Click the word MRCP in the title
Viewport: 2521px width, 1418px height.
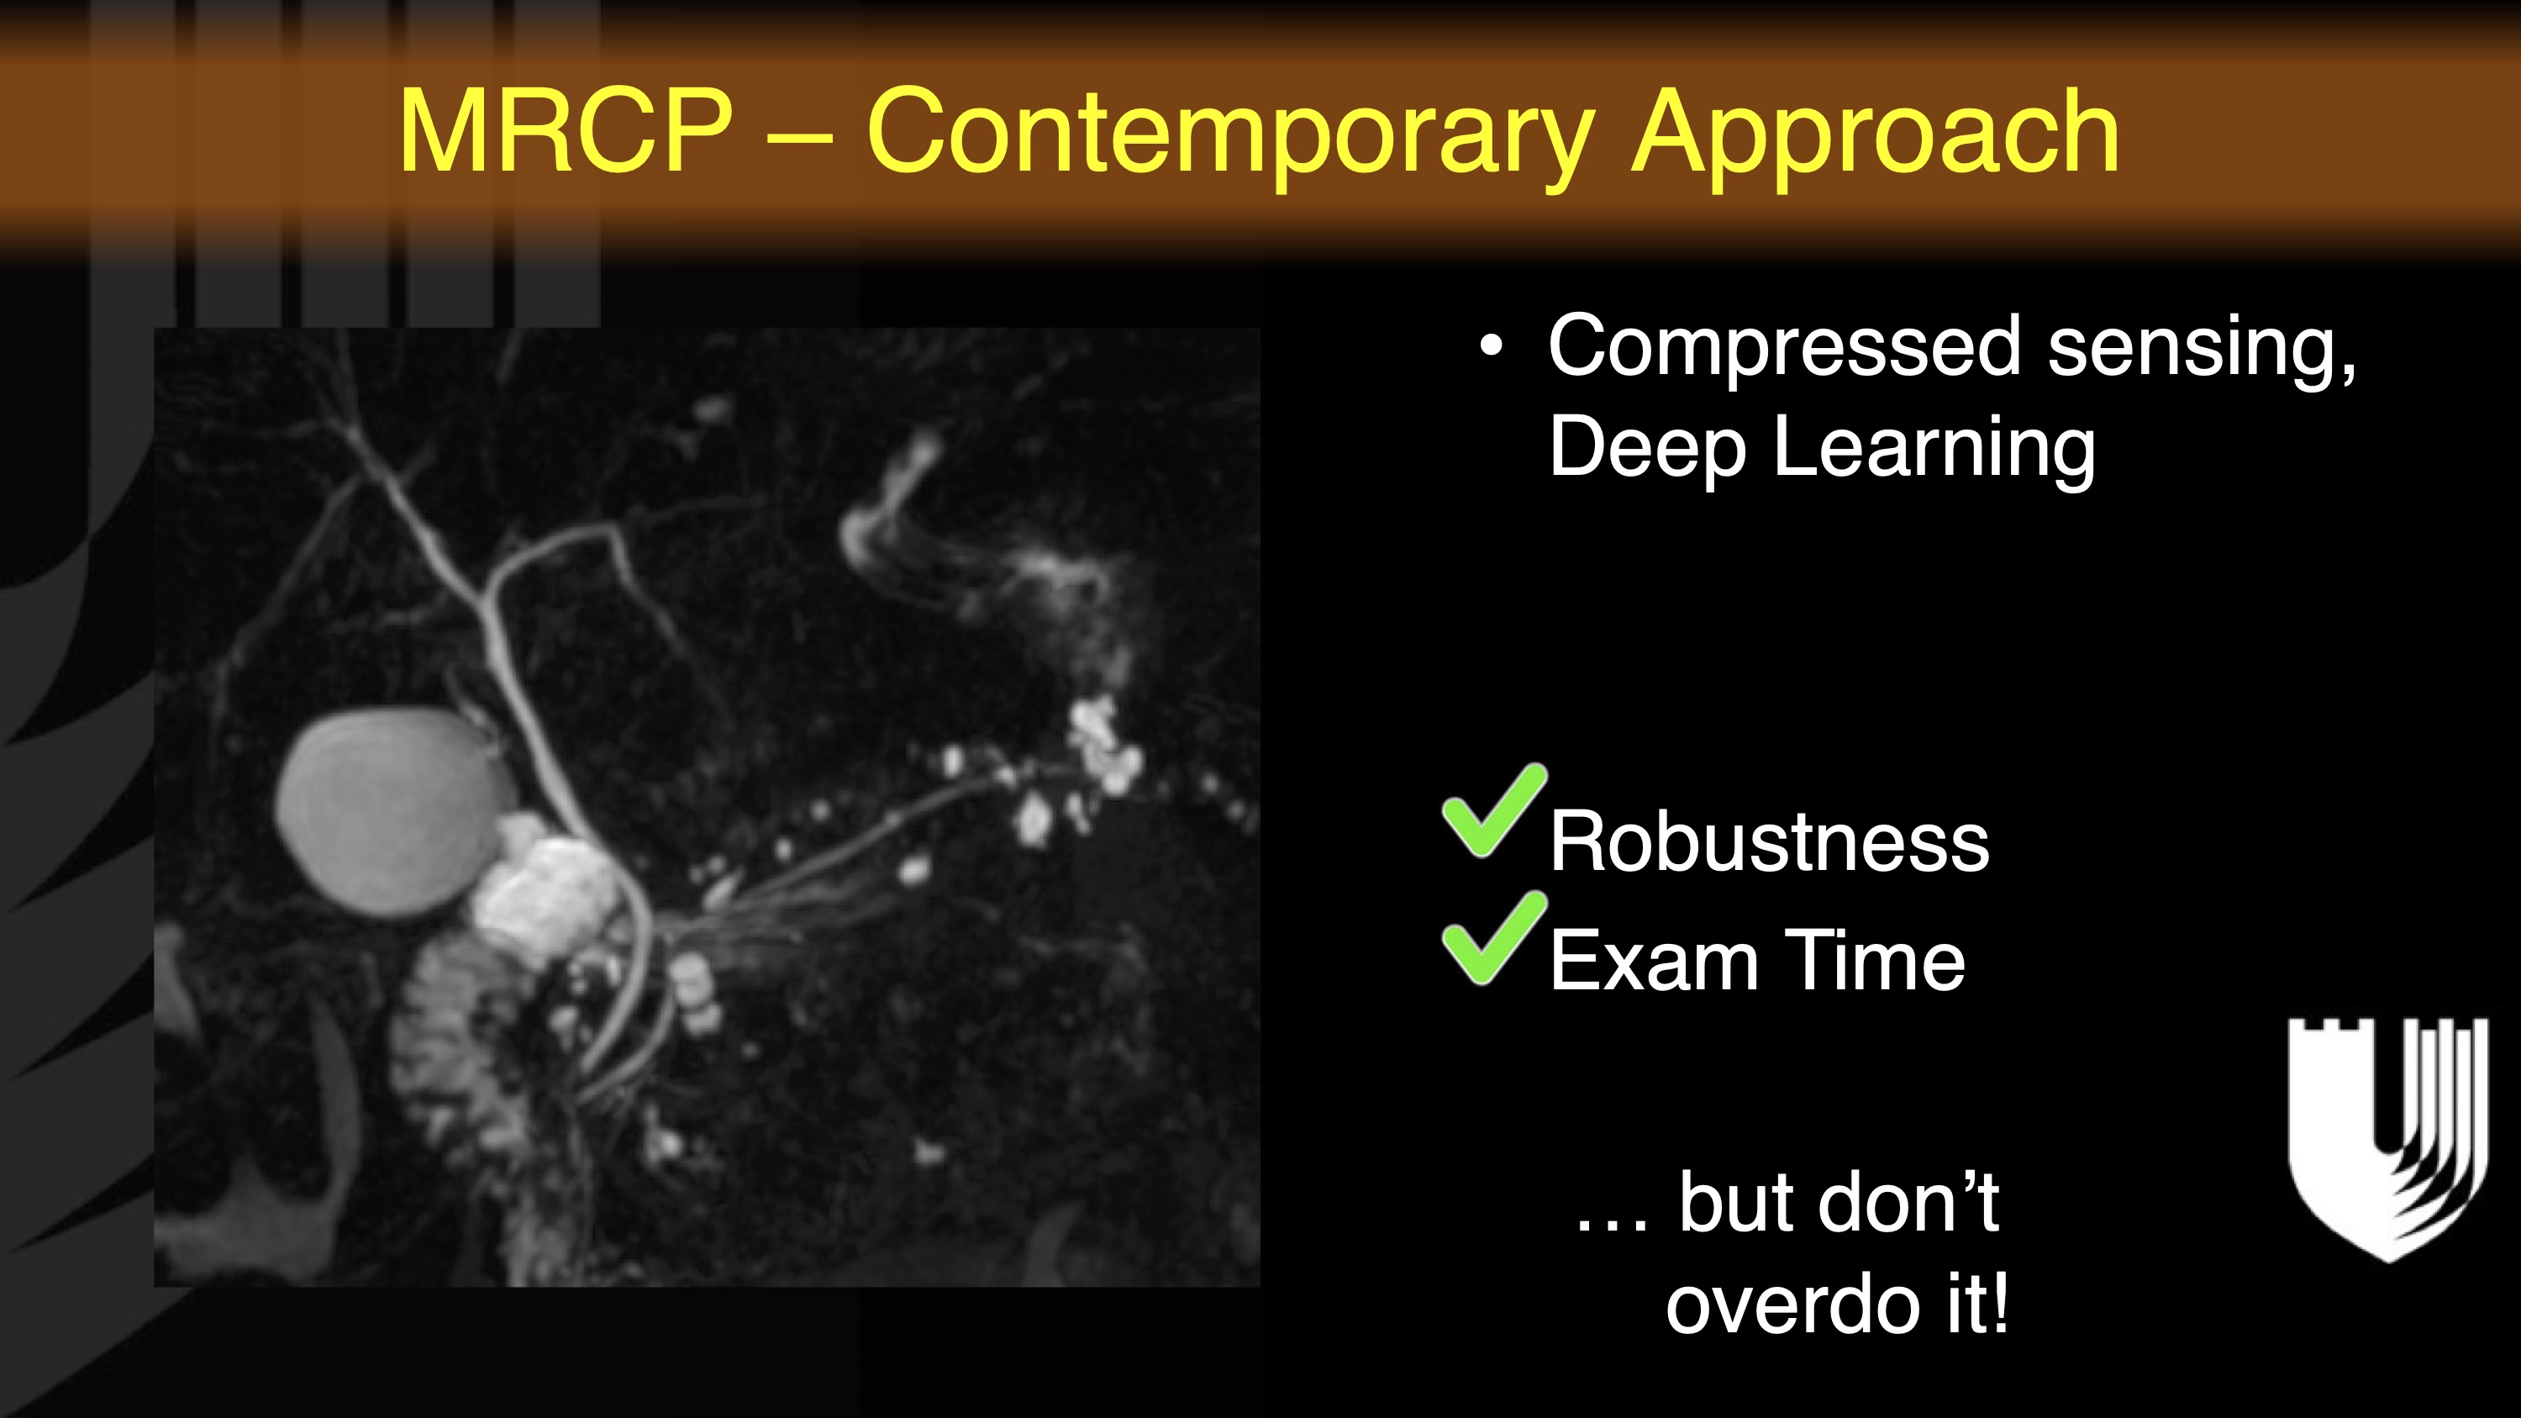566,131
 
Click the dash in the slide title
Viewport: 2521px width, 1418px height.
799,138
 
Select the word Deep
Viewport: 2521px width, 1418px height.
1648,448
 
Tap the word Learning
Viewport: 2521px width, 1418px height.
1934,448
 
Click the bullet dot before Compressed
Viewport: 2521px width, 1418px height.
1491,346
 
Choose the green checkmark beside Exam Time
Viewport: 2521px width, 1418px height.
1492,937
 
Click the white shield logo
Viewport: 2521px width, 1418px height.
2388,1140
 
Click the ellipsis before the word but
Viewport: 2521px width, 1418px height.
1613,1223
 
